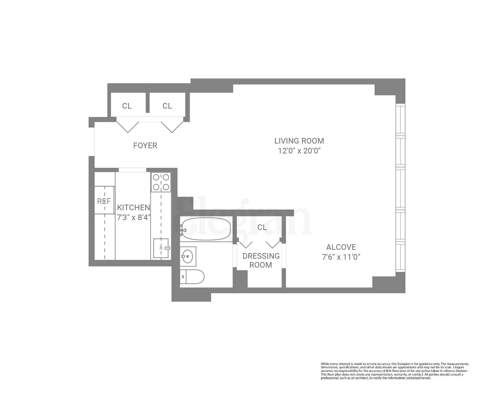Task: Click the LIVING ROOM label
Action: tap(299, 141)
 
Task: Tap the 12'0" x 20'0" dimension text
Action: tap(299, 151)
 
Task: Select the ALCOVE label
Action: tap(341, 247)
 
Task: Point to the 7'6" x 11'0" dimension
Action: tap(341, 257)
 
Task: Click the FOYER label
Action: tap(145, 146)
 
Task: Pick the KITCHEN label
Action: tap(133, 208)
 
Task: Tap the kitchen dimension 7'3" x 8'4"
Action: tap(133, 217)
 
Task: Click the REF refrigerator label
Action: tap(104, 201)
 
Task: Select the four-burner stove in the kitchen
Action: tap(161, 182)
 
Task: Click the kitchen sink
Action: tap(161, 248)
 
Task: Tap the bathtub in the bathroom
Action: tap(206, 229)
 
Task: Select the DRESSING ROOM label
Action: tap(261, 260)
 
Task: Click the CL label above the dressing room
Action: tap(262, 227)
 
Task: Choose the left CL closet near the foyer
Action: tap(127, 106)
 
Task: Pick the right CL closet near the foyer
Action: tap(167, 106)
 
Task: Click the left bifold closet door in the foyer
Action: tap(128, 126)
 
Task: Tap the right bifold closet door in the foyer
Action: tap(172, 126)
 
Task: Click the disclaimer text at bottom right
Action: tap(395, 371)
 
